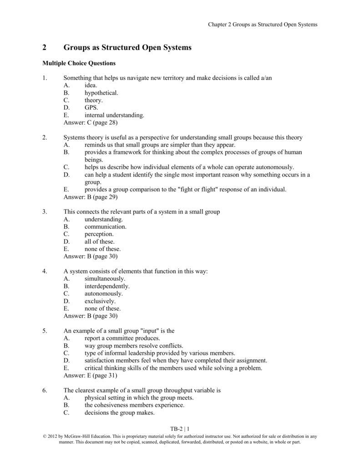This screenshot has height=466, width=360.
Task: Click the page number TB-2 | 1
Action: point(180,429)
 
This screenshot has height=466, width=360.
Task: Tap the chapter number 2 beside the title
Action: point(44,47)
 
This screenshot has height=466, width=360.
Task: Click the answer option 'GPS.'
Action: point(91,108)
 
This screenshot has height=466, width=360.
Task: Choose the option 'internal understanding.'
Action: point(114,115)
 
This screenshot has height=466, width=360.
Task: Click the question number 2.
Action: point(44,137)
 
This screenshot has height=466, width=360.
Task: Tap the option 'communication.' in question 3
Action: point(106,226)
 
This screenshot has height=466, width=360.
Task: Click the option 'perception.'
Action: point(99,234)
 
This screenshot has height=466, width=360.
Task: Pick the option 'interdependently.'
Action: point(107,286)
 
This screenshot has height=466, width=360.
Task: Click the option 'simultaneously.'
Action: point(105,279)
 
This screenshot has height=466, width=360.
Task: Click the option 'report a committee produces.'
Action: point(122,338)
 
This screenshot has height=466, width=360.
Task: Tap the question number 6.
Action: point(44,390)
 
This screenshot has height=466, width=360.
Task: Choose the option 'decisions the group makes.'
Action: point(119,413)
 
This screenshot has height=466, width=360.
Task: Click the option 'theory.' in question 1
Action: point(94,100)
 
